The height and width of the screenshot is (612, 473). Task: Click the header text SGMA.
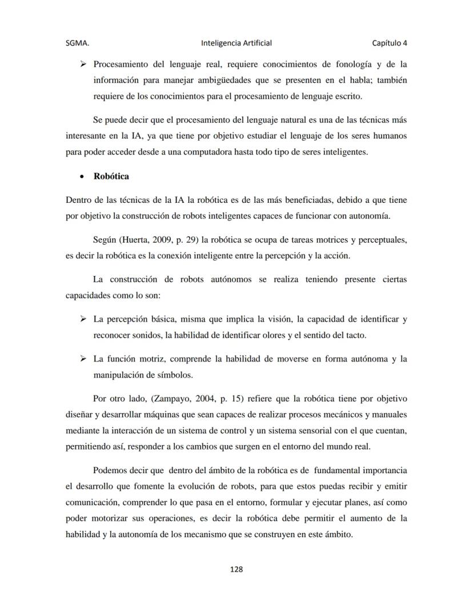[x=77, y=43]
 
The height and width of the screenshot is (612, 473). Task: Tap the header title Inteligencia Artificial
[x=236, y=43]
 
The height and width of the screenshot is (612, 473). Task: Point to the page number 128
[x=236, y=569]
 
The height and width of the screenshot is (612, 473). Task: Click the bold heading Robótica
[x=111, y=176]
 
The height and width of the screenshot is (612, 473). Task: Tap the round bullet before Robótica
[x=83, y=177]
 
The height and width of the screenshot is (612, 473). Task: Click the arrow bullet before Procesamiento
[x=83, y=64]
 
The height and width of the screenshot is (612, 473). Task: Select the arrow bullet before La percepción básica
[x=83, y=318]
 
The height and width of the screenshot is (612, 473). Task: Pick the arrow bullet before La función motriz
[x=83, y=359]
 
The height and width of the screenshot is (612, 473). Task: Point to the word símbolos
[x=172, y=375]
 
